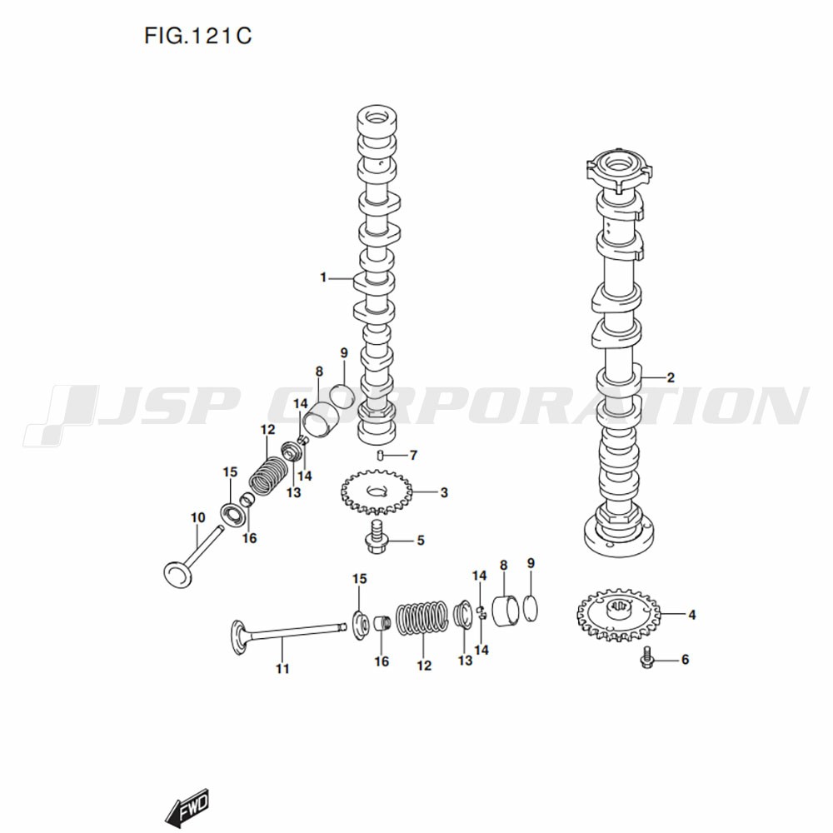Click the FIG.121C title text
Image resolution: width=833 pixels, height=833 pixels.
[197, 37]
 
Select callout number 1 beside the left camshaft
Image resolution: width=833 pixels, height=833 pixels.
[323, 278]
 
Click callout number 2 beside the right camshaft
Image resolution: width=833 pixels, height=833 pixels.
[671, 377]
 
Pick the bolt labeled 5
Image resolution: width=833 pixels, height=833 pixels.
[381, 455]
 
